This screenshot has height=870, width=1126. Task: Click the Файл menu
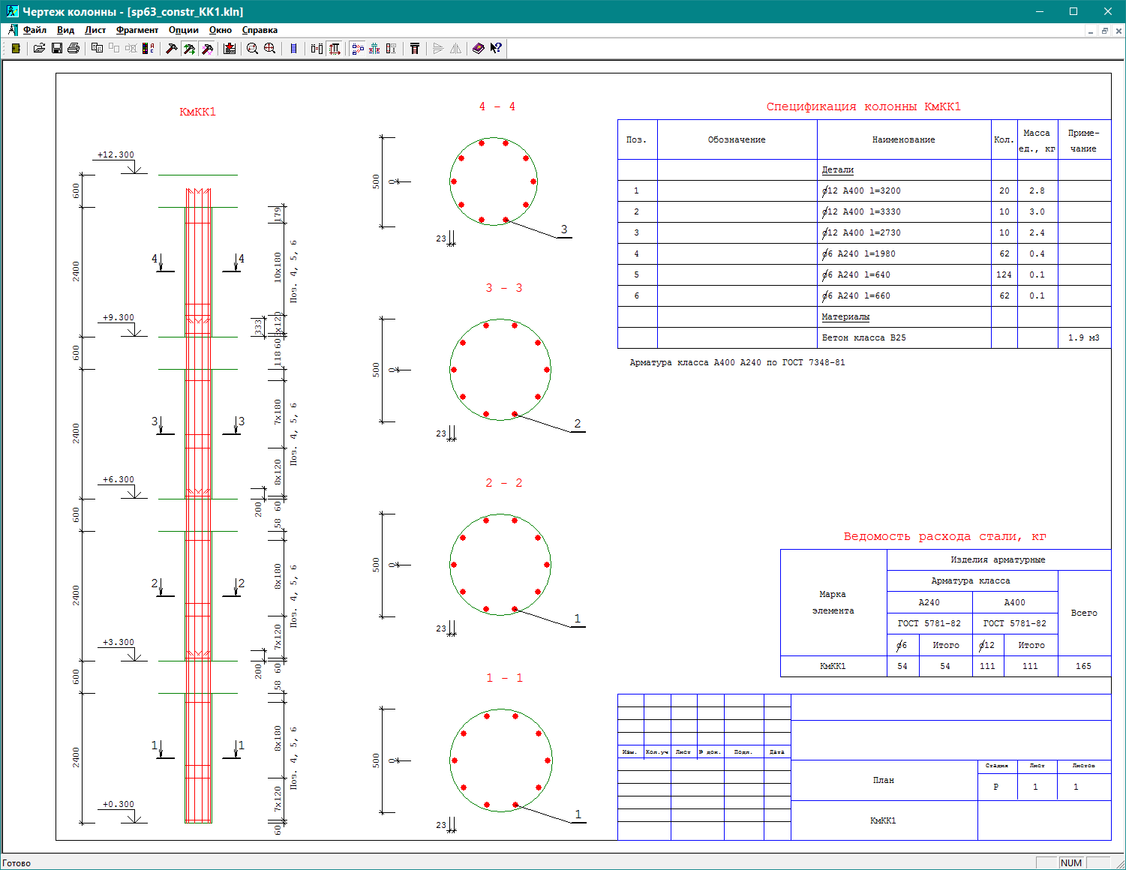35,30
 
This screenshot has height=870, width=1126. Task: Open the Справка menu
260,30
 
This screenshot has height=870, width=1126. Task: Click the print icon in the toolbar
74,48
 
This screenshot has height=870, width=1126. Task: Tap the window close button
1107,11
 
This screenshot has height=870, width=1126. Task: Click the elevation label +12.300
116,154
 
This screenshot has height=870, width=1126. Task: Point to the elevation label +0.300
119,804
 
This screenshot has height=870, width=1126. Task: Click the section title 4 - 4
497,106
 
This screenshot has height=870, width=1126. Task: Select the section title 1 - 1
504,678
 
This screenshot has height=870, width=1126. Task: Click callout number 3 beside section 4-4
564,229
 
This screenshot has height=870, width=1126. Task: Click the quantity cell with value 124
1004,274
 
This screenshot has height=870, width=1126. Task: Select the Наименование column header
903,139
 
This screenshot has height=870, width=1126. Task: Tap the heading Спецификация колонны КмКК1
863,106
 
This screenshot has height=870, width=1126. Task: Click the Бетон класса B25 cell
863,337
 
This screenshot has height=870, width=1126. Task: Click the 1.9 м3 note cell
1083,337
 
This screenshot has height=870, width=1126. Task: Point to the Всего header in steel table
1084,613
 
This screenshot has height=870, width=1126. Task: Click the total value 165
1083,666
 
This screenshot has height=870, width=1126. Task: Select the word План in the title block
884,780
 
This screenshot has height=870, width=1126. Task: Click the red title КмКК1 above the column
197,112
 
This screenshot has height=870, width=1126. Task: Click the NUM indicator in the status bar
1071,862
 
